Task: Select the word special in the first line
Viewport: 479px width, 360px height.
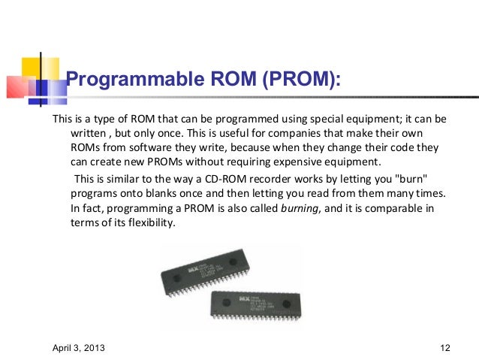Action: click(x=324, y=119)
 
